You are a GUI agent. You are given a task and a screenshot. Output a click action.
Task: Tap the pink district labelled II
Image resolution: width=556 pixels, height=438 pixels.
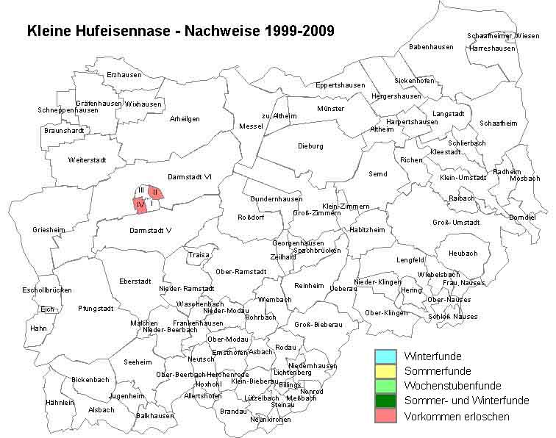tap(155, 193)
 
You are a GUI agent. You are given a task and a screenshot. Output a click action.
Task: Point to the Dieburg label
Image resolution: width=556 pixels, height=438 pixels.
tap(310, 146)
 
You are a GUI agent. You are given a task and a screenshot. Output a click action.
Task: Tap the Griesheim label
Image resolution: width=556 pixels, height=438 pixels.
tap(49, 230)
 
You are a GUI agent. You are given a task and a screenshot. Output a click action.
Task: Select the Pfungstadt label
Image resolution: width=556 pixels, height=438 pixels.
tap(96, 309)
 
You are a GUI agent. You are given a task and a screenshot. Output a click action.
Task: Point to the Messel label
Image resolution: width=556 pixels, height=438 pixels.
tap(251, 126)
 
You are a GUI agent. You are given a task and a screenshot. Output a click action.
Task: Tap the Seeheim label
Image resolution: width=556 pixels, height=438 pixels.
tap(138, 362)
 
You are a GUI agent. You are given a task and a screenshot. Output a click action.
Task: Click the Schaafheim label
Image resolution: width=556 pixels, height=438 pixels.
tap(498, 123)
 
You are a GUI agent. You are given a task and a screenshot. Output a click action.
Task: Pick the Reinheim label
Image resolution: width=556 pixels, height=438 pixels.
tap(309, 285)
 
